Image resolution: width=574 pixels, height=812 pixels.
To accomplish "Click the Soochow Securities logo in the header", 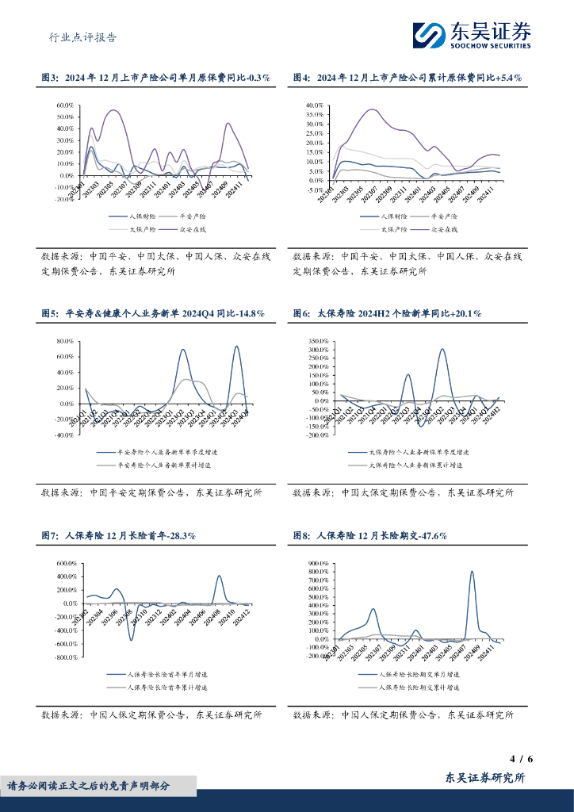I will pyautogui.click(x=471, y=34).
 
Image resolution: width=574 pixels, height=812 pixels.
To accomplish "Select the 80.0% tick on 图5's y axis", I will pyautogui.click(x=64, y=342).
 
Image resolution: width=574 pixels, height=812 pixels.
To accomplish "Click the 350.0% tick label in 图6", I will pyautogui.click(x=317, y=341).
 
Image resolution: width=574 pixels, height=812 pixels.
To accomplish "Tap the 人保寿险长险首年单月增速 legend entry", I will pyautogui.click(x=170, y=674).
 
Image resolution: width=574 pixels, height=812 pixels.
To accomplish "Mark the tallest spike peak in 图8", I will pyautogui.click(x=472, y=571).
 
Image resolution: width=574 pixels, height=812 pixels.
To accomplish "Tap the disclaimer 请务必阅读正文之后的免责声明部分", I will pyautogui.click(x=89, y=786).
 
